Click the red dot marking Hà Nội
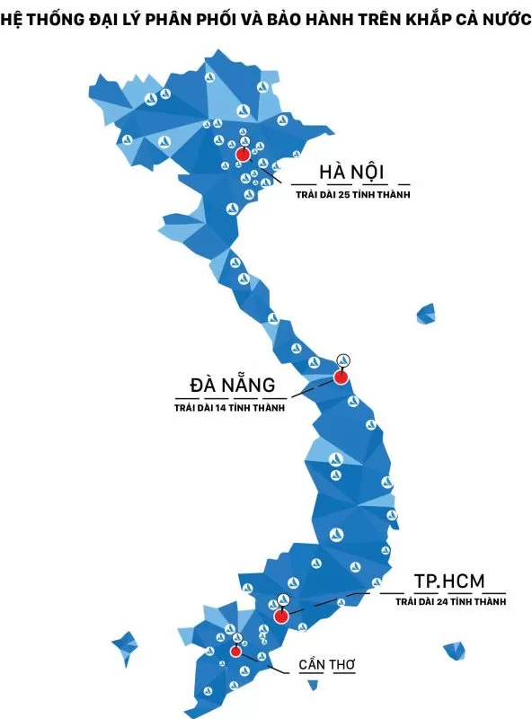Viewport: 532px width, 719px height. click(x=242, y=155)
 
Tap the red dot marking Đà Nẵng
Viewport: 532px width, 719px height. click(x=341, y=377)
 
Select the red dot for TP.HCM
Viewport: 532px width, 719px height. click(x=280, y=617)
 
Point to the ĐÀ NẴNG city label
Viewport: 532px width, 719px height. click(x=231, y=386)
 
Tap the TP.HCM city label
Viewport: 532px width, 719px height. click(x=448, y=581)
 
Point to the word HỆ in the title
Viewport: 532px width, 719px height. click(x=13, y=18)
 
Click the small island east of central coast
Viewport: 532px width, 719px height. click(x=426, y=314)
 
